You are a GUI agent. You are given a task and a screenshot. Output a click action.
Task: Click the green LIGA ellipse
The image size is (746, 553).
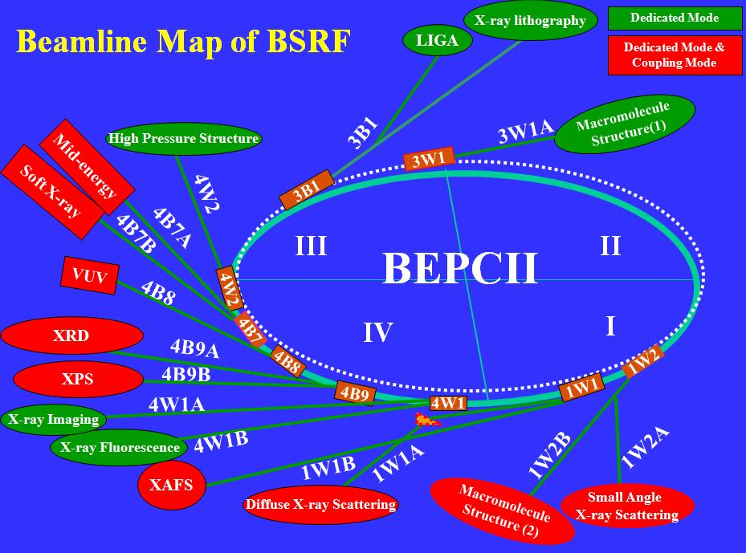click(437, 42)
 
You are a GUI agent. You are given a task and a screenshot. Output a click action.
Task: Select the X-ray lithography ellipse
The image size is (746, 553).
click(530, 22)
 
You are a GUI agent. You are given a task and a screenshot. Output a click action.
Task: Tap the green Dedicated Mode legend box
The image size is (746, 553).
click(675, 18)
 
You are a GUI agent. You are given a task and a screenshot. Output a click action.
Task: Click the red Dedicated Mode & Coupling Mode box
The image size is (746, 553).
click(675, 55)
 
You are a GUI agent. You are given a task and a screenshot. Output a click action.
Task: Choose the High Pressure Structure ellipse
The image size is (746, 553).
click(185, 139)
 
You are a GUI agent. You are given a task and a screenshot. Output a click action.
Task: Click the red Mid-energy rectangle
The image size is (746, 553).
click(86, 166)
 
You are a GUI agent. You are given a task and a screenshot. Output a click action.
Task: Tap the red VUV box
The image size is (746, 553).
click(89, 275)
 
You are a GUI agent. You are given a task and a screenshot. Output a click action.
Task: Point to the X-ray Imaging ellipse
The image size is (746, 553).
click(53, 419)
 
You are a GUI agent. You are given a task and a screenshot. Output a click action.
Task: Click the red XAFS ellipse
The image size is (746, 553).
click(171, 485)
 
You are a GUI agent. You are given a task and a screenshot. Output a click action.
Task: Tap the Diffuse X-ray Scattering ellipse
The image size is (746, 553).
click(320, 505)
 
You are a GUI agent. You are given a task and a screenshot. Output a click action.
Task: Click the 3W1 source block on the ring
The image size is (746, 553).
click(428, 159)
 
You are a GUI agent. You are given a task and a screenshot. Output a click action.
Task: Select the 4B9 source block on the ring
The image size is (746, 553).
click(354, 392)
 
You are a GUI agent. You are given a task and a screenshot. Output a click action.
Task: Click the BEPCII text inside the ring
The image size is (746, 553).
click(459, 268)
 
